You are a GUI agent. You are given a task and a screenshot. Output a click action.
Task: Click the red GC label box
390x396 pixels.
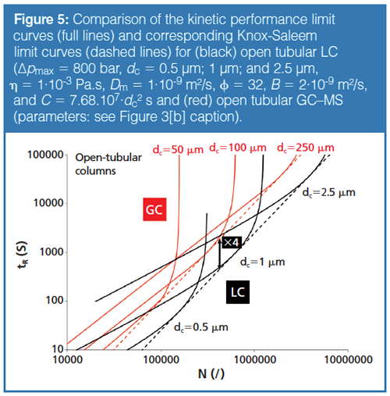[x=154, y=209]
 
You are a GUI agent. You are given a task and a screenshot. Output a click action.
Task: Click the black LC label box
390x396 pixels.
[x=239, y=291]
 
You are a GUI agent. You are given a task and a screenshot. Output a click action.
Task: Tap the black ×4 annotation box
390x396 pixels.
[x=231, y=243]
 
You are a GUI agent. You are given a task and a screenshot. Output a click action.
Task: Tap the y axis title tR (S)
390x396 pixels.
[x=18, y=252]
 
